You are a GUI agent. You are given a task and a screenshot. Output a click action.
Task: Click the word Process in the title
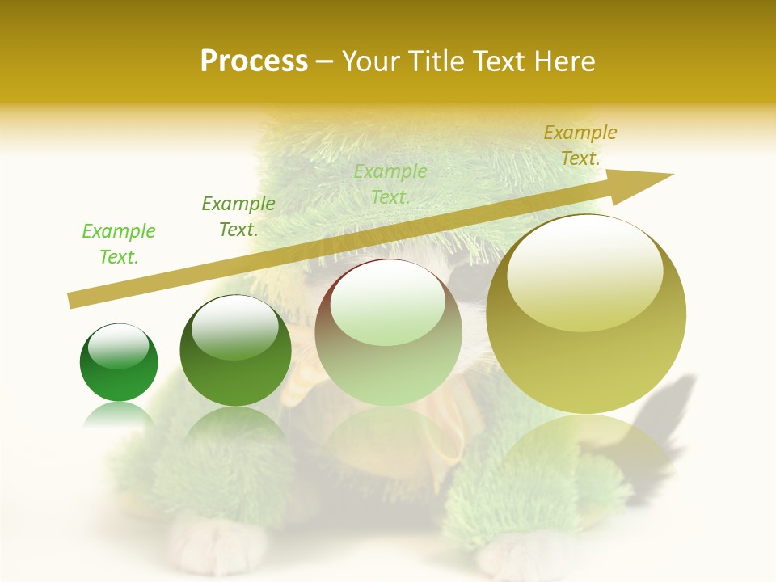pyautogui.click(x=254, y=61)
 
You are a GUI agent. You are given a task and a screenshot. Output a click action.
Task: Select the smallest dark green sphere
pyautogui.click(x=119, y=362)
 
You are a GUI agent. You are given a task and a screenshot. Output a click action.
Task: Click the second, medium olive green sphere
pyautogui.click(x=235, y=351)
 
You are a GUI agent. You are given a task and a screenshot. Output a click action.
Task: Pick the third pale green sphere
pyautogui.click(x=388, y=333)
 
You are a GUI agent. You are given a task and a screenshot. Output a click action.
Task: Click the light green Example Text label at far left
pyautogui.click(x=118, y=244)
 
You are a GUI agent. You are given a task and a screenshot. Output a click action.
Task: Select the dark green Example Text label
pyautogui.click(x=238, y=217)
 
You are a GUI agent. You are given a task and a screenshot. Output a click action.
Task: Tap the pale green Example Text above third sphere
pyautogui.click(x=390, y=184)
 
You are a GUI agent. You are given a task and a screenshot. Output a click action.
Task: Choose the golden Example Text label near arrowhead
pyautogui.click(x=580, y=145)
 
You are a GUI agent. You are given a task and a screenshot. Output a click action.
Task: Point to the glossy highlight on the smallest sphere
pyautogui.click(x=119, y=346)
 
